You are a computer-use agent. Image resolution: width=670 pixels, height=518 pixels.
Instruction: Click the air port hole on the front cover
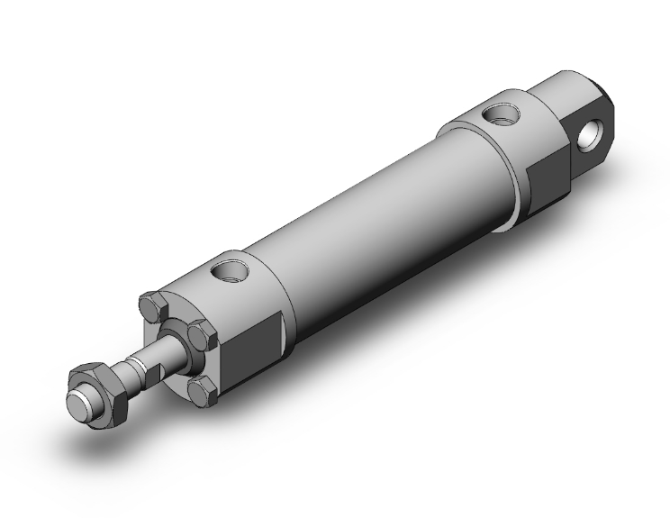pos(227,268)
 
